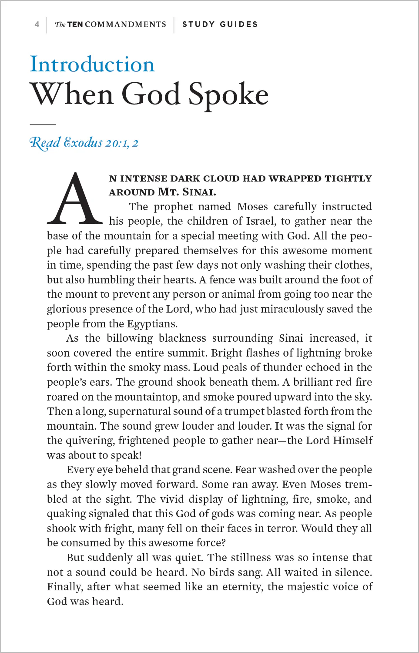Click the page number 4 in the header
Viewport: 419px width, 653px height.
37,24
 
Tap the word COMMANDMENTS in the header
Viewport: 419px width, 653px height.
125,24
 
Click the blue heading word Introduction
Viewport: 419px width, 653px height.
92,64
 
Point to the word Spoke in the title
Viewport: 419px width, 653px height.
228,94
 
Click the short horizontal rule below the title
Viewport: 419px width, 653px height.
43,125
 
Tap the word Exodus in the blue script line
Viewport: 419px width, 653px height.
83,143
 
